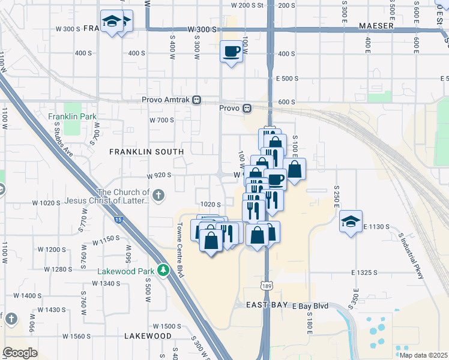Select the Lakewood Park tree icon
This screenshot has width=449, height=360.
[162, 271]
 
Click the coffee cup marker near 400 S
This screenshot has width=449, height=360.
[231, 52]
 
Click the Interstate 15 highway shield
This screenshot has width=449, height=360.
[118, 221]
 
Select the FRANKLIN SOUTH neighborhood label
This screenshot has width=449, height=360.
[141, 152]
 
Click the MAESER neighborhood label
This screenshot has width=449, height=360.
[376, 26]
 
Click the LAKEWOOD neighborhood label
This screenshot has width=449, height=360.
[148, 336]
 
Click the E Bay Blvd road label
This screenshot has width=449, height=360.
[311, 306]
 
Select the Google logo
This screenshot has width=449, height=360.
[20, 352]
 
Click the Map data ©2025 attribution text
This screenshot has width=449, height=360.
[423, 355]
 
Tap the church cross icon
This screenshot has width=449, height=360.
[158, 195]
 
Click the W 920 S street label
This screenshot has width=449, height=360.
[160, 175]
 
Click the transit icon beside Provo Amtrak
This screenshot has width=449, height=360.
[197, 100]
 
